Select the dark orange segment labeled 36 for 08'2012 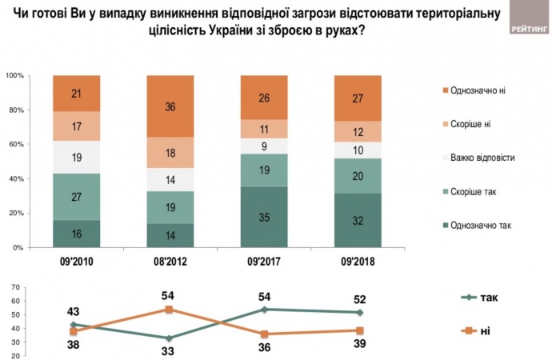pos(170,106)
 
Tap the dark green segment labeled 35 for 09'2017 pos(264,217)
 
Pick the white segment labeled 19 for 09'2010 pos(77,157)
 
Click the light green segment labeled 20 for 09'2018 pos(358,176)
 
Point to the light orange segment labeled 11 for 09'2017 pos(264,130)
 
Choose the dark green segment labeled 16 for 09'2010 pos(77,234)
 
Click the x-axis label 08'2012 pos(170,262)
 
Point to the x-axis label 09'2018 pos(358,262)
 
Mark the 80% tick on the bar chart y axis pos(17,110)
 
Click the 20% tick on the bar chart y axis pos(17,214)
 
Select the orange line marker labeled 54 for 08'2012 pos(170,309)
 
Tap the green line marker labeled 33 pos(170,338)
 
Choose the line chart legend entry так pos(490,298)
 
